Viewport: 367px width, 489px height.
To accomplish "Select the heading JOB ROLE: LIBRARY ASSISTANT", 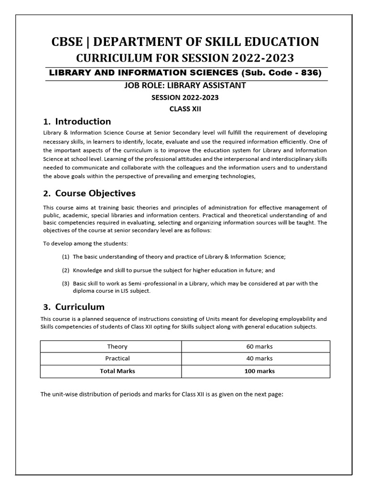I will coord(184,85).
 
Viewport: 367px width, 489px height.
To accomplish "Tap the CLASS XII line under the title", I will coord(184,108).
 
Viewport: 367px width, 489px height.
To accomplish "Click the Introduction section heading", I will coord(83,121).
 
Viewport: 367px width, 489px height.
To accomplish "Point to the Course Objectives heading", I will coord(95,193).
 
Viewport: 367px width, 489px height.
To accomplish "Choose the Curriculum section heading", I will coord(79,307).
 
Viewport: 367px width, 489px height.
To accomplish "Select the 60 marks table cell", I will coord(256,347).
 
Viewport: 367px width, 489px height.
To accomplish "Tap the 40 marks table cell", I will coord(256,359).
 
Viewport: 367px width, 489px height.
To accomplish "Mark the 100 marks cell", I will coord(256,371).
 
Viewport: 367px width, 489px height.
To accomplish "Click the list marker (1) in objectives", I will coord(66,257).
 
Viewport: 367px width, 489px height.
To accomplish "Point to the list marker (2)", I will coord(66,270).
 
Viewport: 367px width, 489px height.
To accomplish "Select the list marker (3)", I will coord(66,283).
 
